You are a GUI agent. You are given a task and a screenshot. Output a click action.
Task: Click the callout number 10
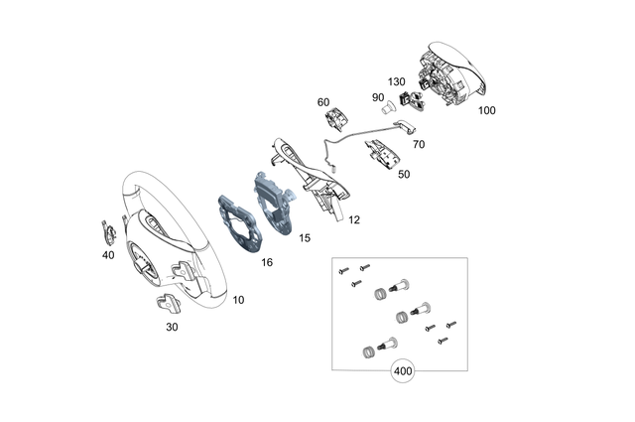click(x=238, y=299)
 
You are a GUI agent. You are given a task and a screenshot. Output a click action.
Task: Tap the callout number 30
click(x=172, y=326)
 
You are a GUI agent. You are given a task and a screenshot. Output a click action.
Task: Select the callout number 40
click(x=108, y=254)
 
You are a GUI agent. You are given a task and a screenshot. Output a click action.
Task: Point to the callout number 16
click(x=267, y=262)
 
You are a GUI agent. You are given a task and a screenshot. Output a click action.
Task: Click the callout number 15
click(x=305, y=237)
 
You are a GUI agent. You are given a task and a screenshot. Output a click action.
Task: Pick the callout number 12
click(x=353, y=218)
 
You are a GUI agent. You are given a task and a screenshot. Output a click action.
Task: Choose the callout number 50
click(x=404, y=174)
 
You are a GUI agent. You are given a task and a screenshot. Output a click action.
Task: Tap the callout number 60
click(x=323, y=102)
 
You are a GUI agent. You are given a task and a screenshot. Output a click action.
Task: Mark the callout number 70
click(x=418, y=144)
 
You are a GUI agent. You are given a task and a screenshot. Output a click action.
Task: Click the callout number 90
click(x=378, y=96)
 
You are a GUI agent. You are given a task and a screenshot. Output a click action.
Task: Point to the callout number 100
click(x=486, y=110)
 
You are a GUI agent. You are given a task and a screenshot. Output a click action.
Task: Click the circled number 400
click(x=403, y=372)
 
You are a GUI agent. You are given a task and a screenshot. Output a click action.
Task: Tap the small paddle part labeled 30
click(x=167, y=306)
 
